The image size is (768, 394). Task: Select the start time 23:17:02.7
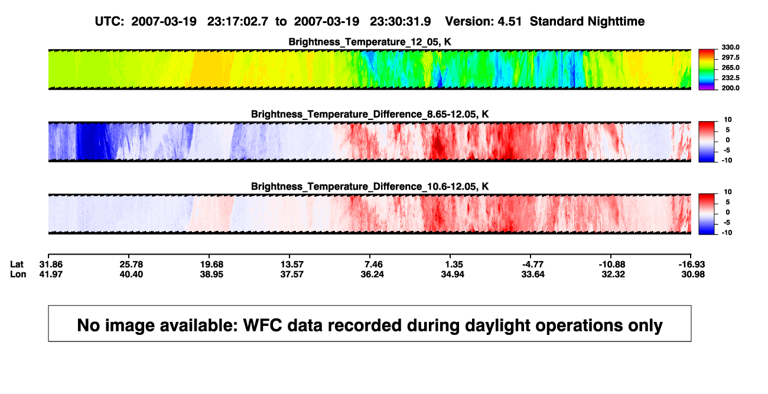point(237,21)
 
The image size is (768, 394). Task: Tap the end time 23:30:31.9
point(401,21)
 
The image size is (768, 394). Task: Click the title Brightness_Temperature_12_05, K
point(370,42)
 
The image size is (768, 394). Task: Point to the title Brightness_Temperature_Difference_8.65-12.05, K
point(370,114)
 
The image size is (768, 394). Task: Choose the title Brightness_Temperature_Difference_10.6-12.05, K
point(370,187)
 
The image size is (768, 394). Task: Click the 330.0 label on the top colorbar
point(730,47)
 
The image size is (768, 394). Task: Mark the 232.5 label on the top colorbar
point(730,78)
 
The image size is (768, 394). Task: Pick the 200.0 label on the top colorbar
point(730,88)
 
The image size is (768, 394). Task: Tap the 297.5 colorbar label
point(730,58)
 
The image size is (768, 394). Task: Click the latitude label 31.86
point(51,265)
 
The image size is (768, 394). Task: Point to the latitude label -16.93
point(692,265)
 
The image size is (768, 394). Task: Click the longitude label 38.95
point(211,274)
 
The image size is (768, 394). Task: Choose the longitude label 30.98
point(693,274)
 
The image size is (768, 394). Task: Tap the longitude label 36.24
point(372,274)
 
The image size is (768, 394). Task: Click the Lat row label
point(17,265)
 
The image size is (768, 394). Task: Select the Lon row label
point(18,274)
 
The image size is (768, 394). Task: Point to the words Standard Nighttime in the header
point(587,21)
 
